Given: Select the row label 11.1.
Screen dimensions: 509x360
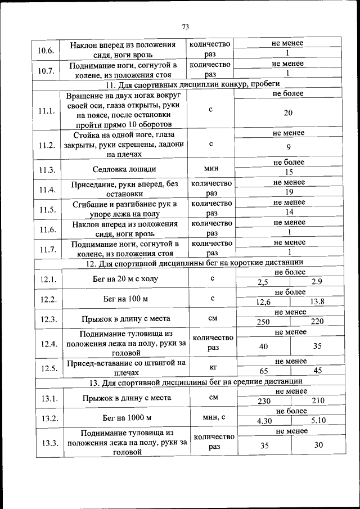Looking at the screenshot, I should tap(47, 111).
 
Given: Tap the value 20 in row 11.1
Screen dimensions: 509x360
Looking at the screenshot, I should tap(287, 113).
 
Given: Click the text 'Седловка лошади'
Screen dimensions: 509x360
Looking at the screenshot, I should tap(125, 169).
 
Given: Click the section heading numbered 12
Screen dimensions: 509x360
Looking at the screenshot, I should tap(194, 262).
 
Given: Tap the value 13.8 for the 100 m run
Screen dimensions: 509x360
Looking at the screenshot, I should tap(317, 301).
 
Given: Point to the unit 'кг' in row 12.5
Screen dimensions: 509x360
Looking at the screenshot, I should tap(213, 367).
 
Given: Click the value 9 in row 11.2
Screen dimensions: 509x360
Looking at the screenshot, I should tap(287, 148).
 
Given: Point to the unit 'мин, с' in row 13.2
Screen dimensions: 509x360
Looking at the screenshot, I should tap(213, 417).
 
